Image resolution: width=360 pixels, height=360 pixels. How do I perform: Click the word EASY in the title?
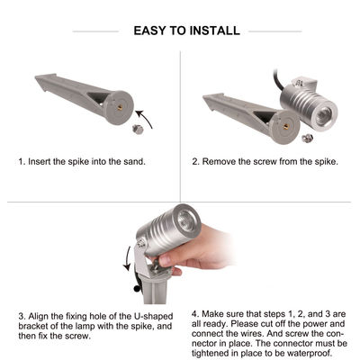click(149, 31)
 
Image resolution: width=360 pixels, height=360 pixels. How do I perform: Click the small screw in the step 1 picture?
click(137, 129)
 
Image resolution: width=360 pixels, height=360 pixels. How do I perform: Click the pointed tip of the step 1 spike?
click(39, 79)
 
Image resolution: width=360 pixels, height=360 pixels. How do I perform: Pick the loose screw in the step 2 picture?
click(307, 138)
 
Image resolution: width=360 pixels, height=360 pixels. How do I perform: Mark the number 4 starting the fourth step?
click(194, 315)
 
